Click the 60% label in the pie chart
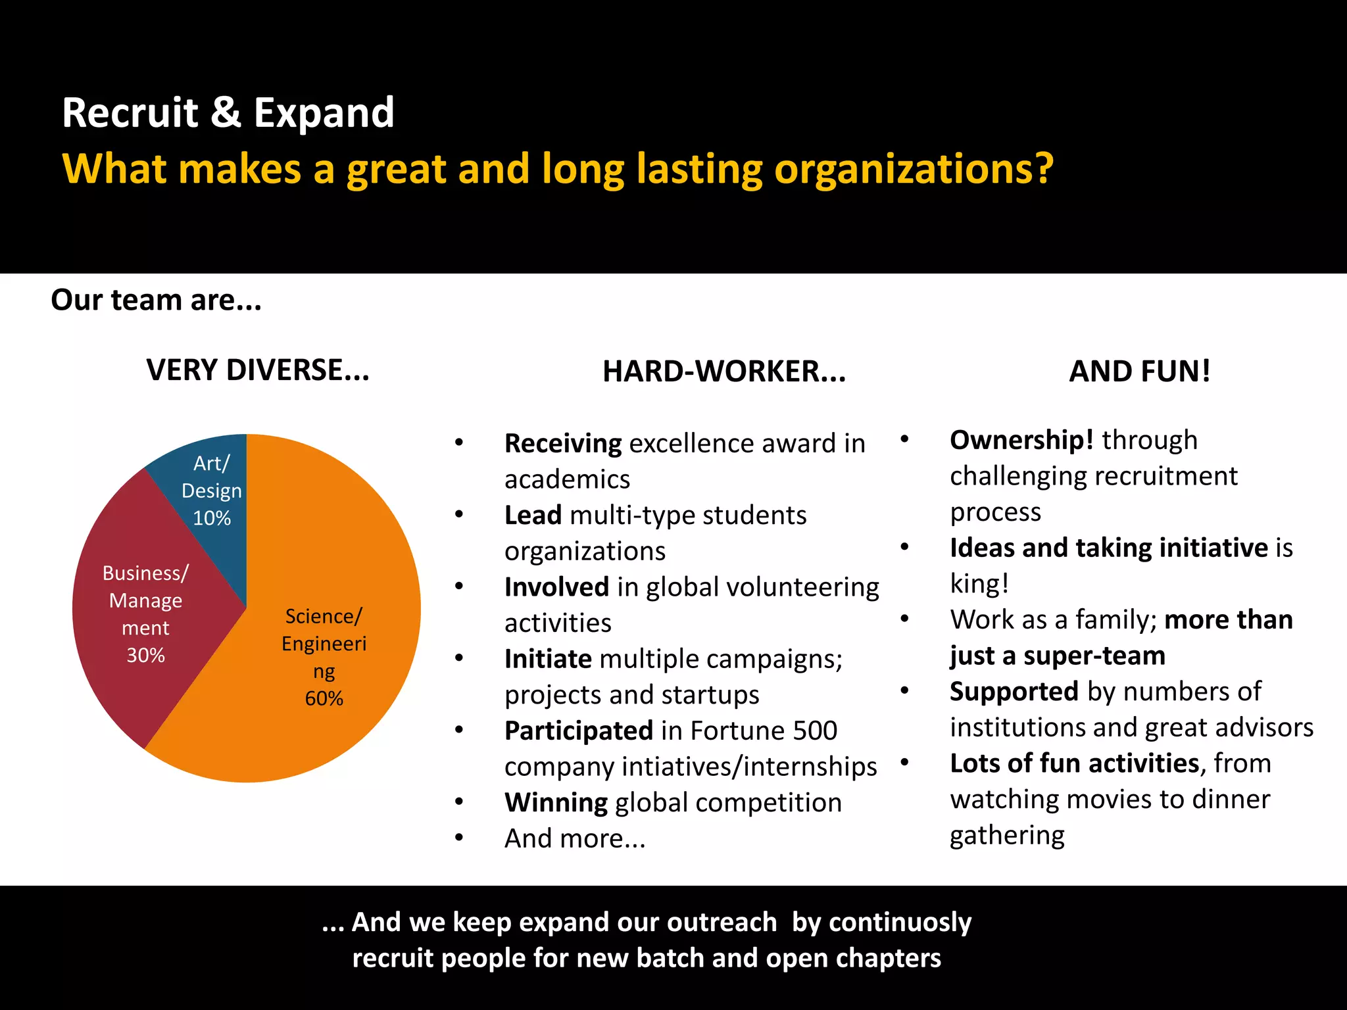tap(324, 698)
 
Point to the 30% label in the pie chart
tap(145, 655)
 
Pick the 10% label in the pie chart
tap(212, 518)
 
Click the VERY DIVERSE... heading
tap(258, 370)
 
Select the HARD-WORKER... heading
tap(724, 372)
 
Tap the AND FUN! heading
tap(1139, 372)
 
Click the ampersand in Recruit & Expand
tap(226, 112)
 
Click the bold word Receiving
tap(562, 444)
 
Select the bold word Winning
tap(556, 803)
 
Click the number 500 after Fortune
tap(815, 731)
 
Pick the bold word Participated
tap(578, 731)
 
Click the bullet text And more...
tap(574, 838)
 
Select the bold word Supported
tap(1014, 692)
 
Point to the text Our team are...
tap(156, 300)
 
